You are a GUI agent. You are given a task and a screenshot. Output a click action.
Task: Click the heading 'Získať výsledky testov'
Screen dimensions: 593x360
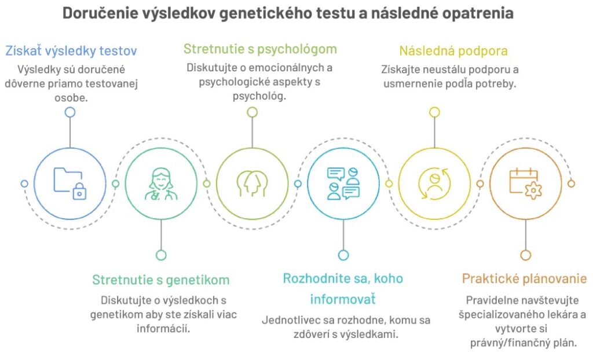[71, 51]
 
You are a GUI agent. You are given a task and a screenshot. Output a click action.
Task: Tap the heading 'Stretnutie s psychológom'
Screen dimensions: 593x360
[260, 49]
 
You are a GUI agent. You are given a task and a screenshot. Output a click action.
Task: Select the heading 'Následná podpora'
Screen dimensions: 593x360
[453, 51]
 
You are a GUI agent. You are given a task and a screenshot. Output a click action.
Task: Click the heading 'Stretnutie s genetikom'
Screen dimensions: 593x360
[161, 280]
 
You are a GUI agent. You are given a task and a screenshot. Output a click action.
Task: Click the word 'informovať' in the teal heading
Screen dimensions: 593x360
[343, 299]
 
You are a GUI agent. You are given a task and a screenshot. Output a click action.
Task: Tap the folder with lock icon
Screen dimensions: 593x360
[70, 183]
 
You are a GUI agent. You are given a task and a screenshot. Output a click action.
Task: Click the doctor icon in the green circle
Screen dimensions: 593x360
[161, 184]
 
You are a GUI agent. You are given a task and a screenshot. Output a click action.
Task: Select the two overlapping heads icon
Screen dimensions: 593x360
[252, 183]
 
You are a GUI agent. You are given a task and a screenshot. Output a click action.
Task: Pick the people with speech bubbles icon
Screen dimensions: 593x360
[343, 183]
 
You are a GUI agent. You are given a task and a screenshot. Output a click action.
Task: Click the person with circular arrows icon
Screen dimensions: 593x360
[434, 183]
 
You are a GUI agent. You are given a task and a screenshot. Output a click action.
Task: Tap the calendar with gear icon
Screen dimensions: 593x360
[526, 183]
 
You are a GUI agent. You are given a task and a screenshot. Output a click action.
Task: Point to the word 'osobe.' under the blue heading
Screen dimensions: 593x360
[71, 98]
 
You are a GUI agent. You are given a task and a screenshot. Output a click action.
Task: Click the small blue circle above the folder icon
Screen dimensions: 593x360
[70, 112]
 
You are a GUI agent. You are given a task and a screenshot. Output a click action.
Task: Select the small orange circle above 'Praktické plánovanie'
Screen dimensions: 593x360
[526, 255]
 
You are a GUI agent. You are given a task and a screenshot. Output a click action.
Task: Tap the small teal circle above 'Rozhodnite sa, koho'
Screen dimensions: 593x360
[343, 255]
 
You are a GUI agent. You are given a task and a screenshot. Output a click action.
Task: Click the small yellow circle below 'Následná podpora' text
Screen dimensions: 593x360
[434, 112]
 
